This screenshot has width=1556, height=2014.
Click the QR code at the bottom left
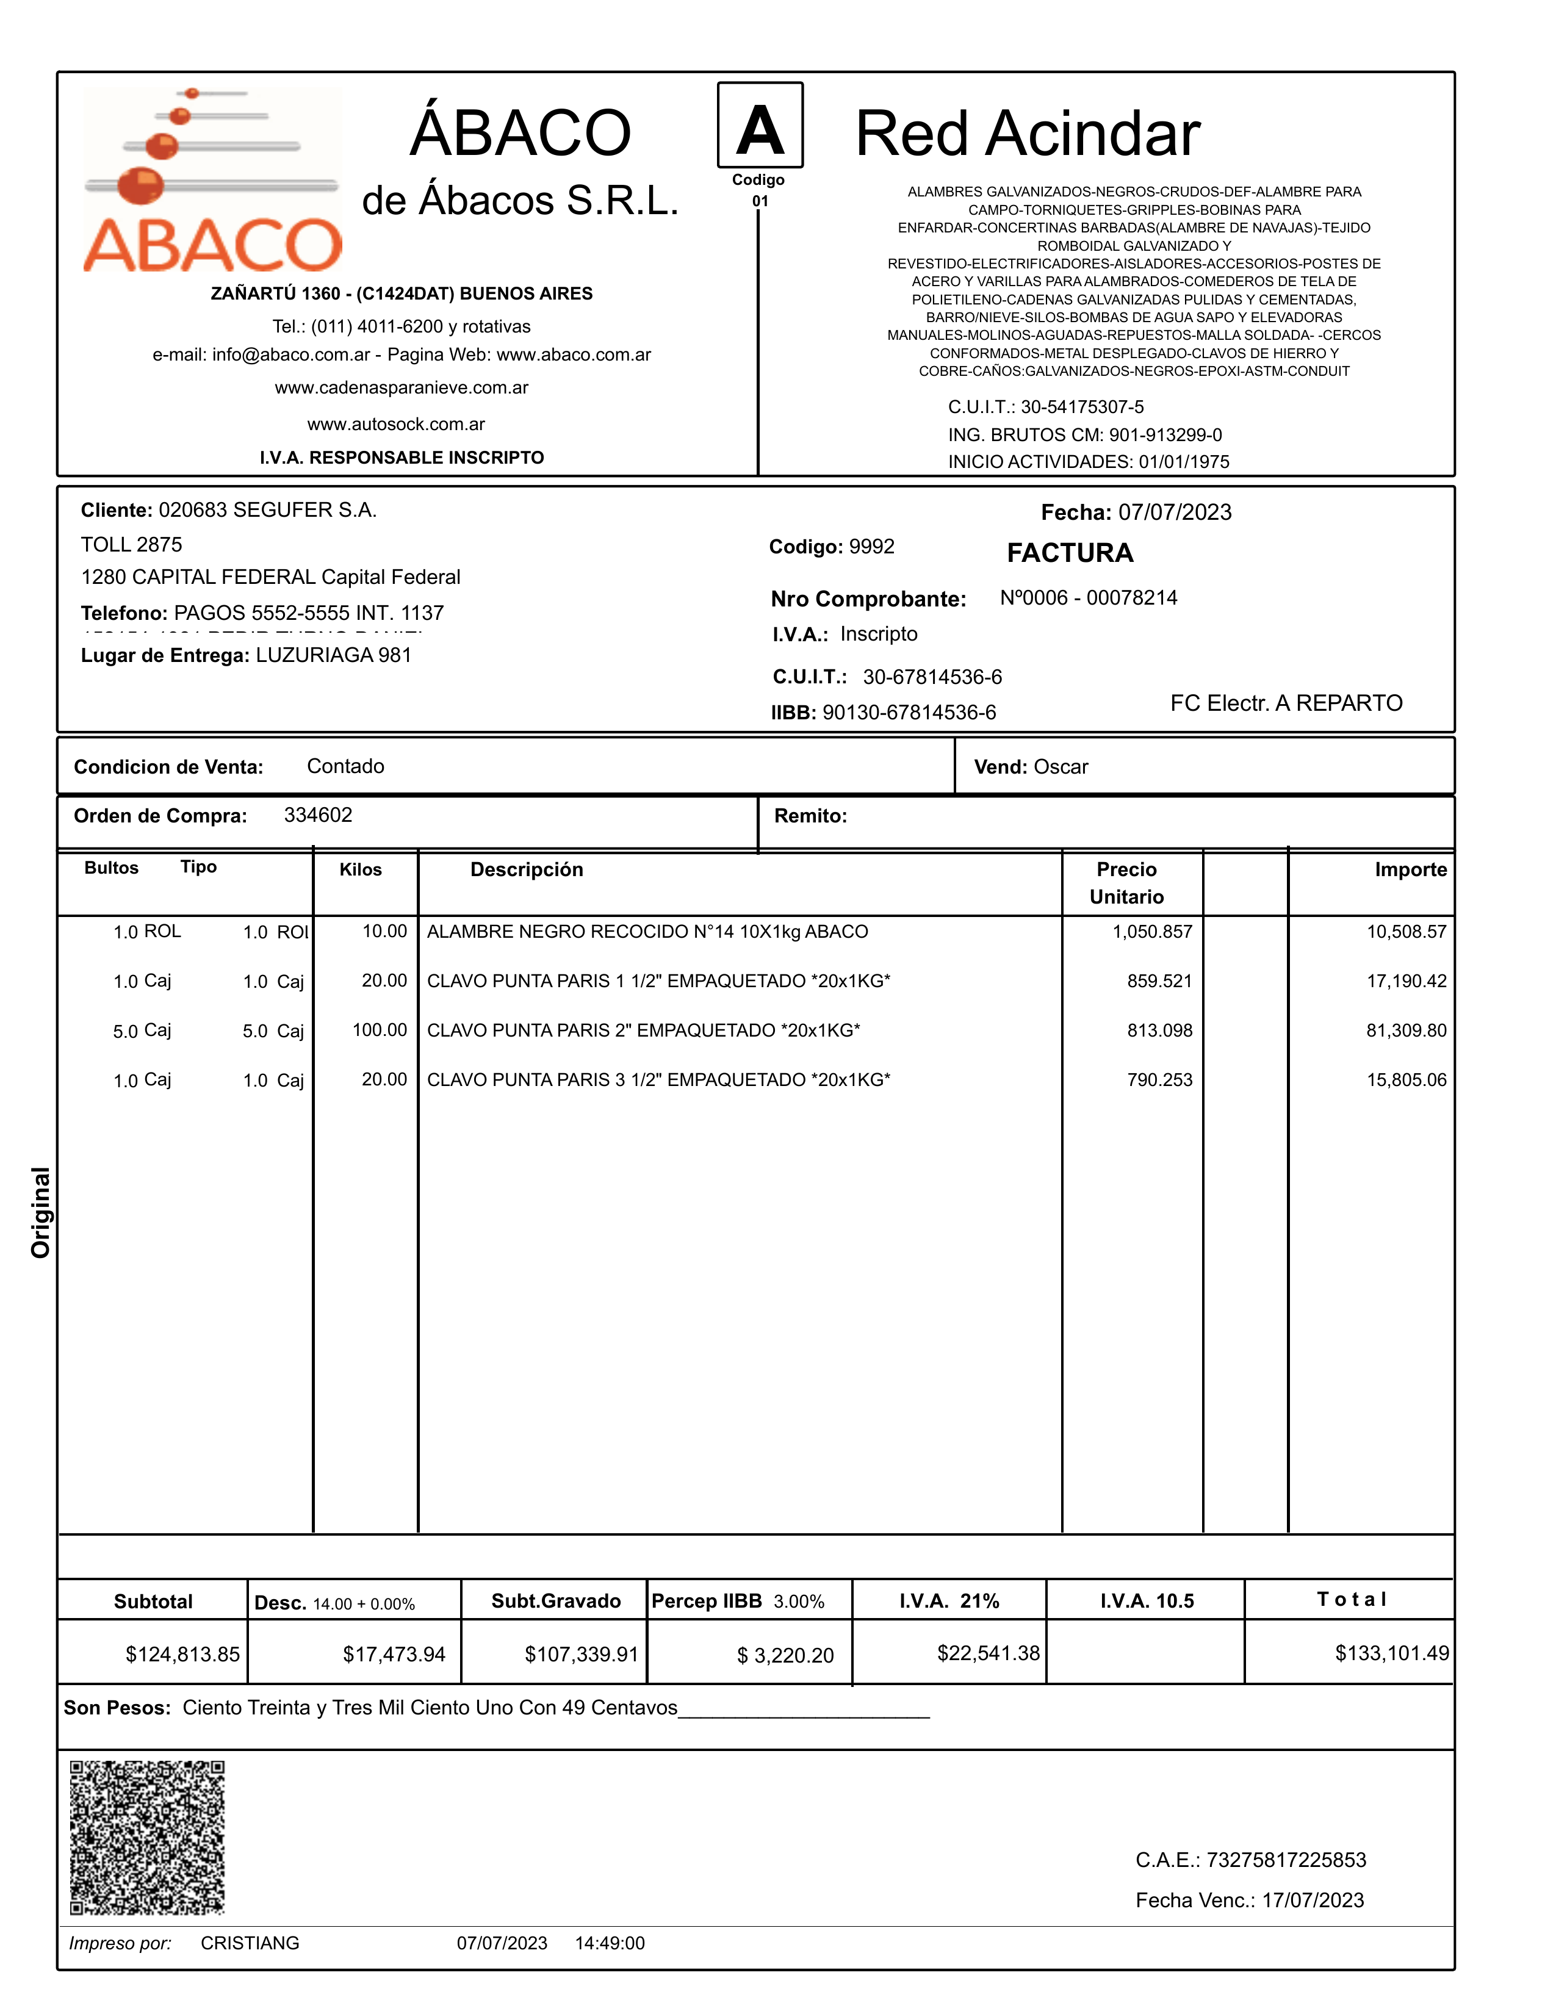[x=148, y=1837]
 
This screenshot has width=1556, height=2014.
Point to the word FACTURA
[x=1070, y=553]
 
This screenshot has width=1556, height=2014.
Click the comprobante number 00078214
[x=1132, y=599]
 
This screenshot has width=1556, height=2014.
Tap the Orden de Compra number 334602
[x=318, y=815]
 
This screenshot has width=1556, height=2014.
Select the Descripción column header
[x=527, y=869]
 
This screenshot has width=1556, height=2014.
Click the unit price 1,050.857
[x=1152, y=932]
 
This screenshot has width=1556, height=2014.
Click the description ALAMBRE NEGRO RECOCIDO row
[x=647, y=932]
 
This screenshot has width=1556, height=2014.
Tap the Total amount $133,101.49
[x=1392, y=1653]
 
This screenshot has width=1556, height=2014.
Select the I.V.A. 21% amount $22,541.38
[x=988, y=1653]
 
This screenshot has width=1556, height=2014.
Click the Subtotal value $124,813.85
[x=182, y=1655]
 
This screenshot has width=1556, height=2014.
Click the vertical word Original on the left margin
[x=41, y=1213]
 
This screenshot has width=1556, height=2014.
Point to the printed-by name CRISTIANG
[x=250, y=1943]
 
